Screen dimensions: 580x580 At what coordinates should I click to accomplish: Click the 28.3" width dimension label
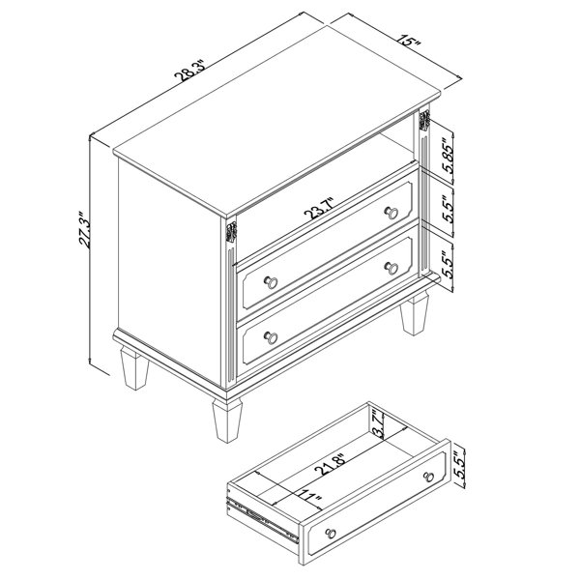[189, 71]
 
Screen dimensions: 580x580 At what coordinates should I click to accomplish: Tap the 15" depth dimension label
[410, 40]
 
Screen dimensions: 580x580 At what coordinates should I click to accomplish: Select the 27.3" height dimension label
[84, 229]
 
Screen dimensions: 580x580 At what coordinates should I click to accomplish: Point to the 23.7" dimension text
[319, 208]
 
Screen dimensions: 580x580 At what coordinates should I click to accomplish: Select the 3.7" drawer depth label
[377, 423]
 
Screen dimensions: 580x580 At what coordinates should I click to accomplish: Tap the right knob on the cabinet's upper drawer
[391, 213]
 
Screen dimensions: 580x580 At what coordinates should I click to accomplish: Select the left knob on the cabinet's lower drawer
[271, 337]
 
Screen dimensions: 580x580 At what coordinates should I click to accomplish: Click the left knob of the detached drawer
[331, 533]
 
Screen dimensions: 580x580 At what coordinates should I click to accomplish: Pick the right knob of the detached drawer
[429, 477]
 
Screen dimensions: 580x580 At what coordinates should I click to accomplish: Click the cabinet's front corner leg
[227, 420]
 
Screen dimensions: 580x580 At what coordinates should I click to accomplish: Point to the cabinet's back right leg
[415, 313]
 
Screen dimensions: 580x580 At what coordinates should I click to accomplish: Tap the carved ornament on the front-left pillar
[231, 232]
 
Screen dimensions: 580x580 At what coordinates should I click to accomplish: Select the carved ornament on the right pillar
[424, 120]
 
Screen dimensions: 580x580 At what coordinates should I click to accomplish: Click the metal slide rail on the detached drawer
[263, 519]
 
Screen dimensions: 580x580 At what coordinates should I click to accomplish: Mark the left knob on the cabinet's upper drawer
[271, 282]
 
